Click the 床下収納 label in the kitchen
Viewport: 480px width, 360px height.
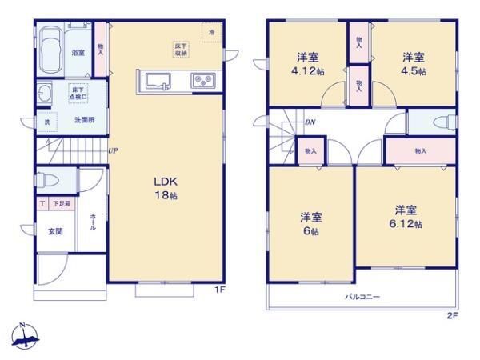point(182,50)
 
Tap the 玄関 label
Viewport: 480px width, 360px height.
point(47,232)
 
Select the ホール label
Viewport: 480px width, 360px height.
point(94,222)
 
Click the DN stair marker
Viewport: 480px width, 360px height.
point(310,122)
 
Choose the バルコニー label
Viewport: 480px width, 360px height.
point(362,297)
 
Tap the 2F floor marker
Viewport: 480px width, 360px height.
point(452,314)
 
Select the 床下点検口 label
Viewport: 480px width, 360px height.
point(78,93)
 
